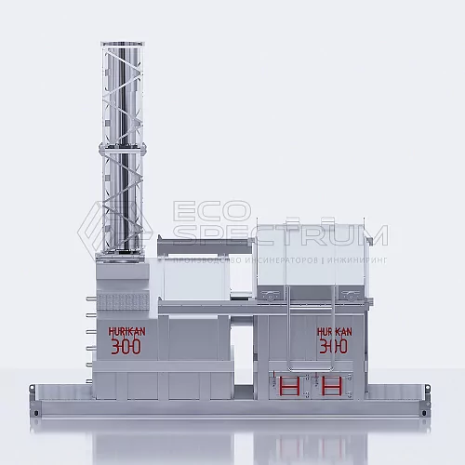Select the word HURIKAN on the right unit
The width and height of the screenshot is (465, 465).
pyautogui.click(x=334, y=330)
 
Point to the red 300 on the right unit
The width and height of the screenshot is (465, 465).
pyautogui.click(x=334, y=347)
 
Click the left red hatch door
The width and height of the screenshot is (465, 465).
pyautogui.click(x=288, y=385)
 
